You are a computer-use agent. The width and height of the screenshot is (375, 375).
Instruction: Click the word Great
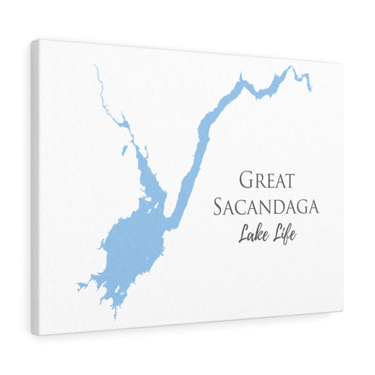[x=267, y=179]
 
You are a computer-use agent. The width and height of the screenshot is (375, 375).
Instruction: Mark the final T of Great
[x=289, y=180]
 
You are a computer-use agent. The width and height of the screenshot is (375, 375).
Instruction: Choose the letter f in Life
[x=286, y=234]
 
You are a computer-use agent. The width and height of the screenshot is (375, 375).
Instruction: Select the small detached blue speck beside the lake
[x=123, y=149]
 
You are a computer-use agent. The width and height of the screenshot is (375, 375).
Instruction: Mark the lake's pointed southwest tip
[x=78, y=286]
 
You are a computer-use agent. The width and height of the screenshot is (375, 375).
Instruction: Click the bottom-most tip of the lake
[x=115, y=317]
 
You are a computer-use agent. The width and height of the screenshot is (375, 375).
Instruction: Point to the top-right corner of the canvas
[x=342, y=63]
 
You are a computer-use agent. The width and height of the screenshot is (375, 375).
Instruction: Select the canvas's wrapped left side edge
[x=34, y=187]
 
